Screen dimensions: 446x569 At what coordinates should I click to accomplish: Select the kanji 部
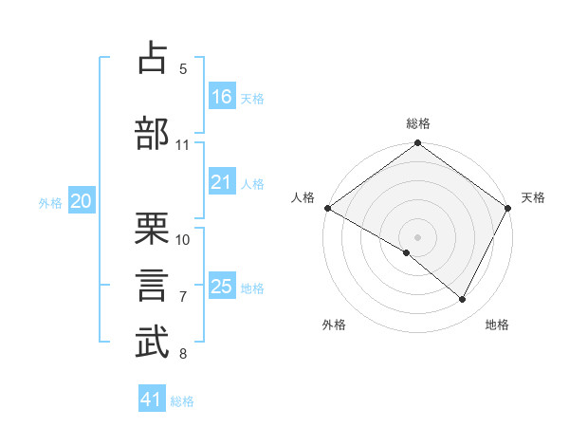(153, 133)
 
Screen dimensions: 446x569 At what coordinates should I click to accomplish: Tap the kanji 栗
(153, 228)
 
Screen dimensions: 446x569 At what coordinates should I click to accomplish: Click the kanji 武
(153, 344)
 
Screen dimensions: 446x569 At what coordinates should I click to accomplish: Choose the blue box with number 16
(222, 97)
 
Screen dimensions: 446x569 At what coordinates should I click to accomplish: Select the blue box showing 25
(222, 287)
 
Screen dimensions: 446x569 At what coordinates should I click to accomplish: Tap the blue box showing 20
(82, 201)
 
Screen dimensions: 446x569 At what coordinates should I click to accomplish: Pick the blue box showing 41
(152, 400)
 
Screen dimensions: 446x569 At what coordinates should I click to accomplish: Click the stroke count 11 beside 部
(183, 145)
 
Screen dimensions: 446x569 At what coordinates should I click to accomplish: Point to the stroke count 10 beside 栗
(183, 239)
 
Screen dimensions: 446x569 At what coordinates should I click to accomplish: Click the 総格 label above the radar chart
(417, 123)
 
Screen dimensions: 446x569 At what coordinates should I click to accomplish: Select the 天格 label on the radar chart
(533, 197)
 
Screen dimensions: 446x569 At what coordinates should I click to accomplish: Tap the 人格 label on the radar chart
(303, 197)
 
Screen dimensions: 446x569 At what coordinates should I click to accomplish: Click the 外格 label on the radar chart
(334, 325)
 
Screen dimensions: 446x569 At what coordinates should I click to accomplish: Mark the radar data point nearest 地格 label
(463, 300)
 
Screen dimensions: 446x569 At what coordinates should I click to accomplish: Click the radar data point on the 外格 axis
(407, 252)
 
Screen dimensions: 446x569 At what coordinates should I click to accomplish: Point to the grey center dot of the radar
(417, 236)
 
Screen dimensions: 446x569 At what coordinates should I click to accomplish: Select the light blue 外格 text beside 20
(50, 202)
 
